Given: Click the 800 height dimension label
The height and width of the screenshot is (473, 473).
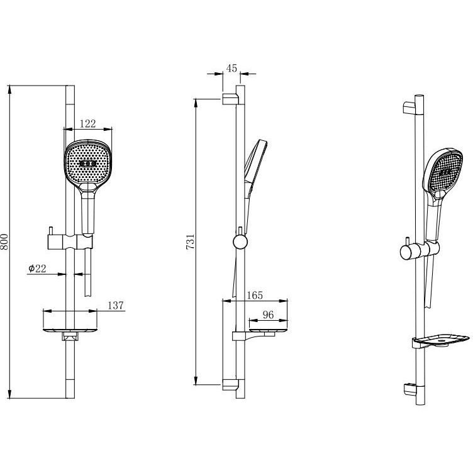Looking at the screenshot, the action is tap(4, 242).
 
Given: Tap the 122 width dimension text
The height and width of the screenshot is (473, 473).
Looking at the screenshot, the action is tap(88, 124).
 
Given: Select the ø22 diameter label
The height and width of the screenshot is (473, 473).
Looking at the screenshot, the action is tap(37, 268).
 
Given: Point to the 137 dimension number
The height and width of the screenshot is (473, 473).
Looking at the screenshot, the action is tap(116, 306).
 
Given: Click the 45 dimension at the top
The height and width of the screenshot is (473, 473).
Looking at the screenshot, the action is tap(231, 69).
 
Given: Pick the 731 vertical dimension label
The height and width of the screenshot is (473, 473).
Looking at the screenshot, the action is tap(191, 242).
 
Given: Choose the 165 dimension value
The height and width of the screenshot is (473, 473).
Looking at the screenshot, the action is tap(255, 296).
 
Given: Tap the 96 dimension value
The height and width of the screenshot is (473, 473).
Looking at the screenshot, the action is tap(268, 315).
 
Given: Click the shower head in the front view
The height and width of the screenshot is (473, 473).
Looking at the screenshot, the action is tap(88, 165).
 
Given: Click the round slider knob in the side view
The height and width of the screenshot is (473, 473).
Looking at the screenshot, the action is tap(240, 242).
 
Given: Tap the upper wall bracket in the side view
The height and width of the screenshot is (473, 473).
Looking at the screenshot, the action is tap(231, 99).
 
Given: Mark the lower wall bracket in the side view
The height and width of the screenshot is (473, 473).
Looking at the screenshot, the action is tap(231, 384).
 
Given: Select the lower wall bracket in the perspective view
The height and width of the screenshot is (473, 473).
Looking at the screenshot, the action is tap(409, 389).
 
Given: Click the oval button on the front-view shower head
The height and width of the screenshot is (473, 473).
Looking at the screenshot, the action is tap(88, 164).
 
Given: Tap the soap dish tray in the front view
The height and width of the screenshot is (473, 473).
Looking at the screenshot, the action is tap(70, 331).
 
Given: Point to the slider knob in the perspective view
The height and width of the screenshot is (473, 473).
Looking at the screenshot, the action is tap(407, 252).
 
